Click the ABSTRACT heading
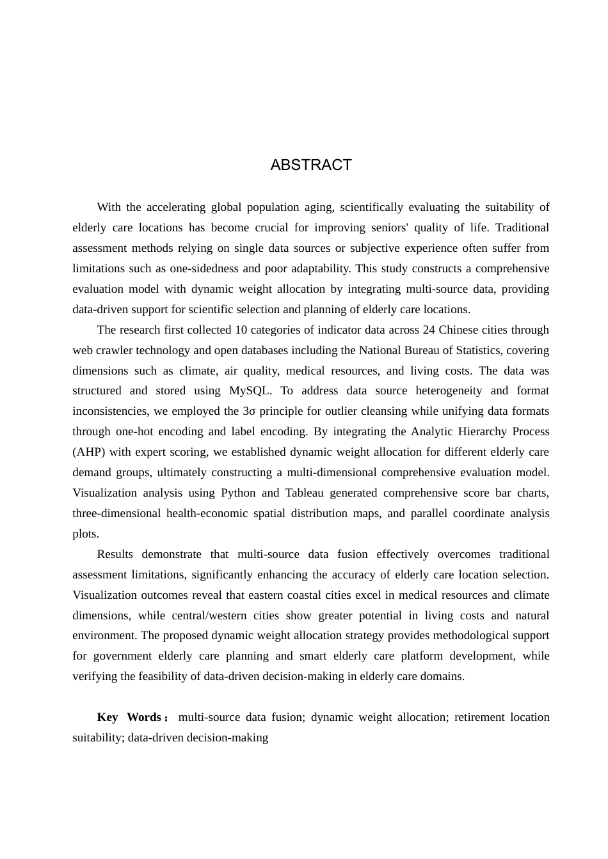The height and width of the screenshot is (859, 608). pos(311,165)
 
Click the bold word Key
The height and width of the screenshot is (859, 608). pos(108,717)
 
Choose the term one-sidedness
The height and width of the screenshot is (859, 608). pos(205,268)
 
